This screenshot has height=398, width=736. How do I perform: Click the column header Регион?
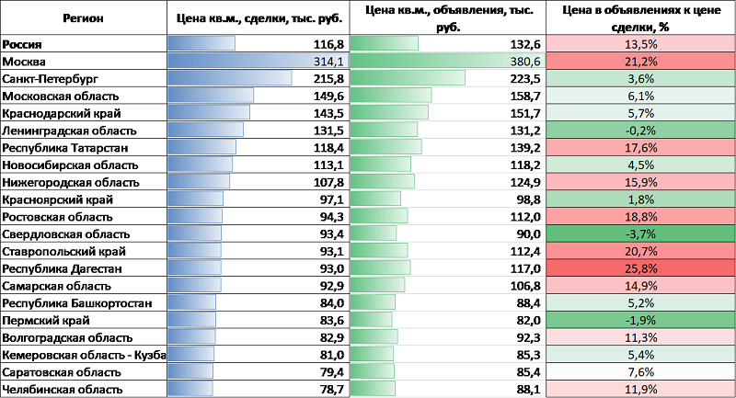[84, 18]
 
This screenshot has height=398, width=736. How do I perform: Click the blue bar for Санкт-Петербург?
[230, 78]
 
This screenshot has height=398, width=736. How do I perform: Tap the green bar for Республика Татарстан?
[386, 147]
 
